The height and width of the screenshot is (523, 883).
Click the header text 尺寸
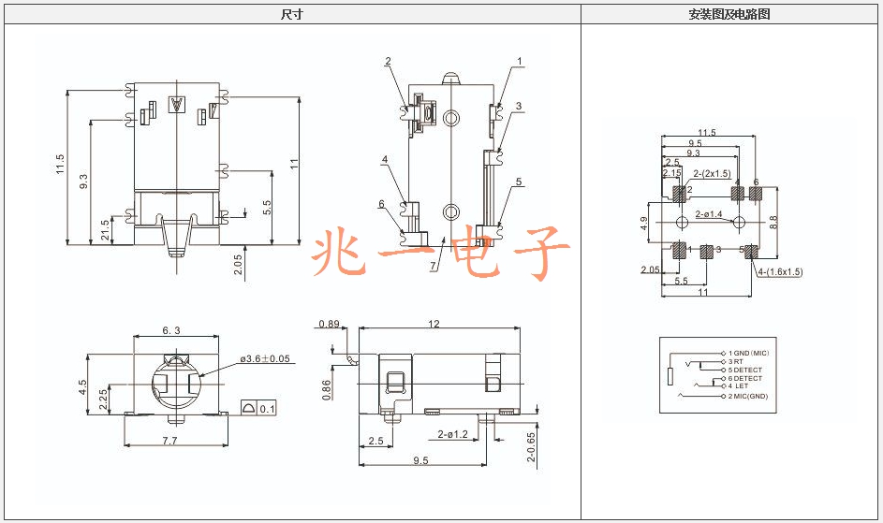click(x=292, y=14)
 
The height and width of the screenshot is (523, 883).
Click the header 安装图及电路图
click(x=729, y=14)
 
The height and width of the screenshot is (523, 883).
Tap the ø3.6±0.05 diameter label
click(x=265, y=358)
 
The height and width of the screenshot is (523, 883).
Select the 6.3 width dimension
click(x=171, y=330)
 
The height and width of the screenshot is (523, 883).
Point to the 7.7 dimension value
click(x=170, y=441)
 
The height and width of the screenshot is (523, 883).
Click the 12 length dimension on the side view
click(x=434, y=324)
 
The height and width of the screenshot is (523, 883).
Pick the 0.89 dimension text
click(x=329, y=324)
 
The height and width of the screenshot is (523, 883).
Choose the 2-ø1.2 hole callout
click(x=453, y=434)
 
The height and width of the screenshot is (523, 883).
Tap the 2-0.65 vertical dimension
click(x=531, y=447)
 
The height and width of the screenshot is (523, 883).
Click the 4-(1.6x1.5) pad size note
click(x=780, y=272)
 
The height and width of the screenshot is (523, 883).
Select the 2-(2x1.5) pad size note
click(x=712, y=174)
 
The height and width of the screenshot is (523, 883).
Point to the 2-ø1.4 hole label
click(x=709, y=214)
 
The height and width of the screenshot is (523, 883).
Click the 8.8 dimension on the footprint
click(x=773, y=223)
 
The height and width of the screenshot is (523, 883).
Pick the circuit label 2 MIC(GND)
click(x=748, y=397)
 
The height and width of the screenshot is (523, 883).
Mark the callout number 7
click(x=433, y=266)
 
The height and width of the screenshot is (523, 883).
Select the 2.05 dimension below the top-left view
click(x=237, y=265)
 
